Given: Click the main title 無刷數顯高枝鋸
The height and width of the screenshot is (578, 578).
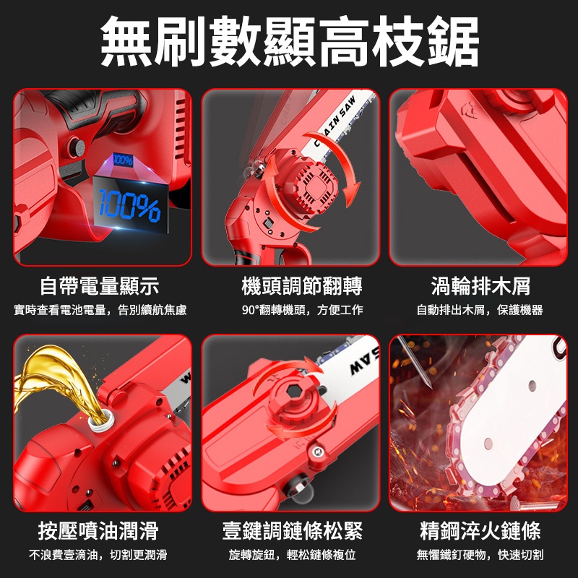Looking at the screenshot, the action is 290,41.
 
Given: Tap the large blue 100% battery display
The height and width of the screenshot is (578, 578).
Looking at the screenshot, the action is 130,206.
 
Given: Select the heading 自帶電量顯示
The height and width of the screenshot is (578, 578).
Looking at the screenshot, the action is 100,286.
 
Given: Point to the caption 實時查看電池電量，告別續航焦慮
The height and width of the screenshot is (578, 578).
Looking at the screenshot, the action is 100,310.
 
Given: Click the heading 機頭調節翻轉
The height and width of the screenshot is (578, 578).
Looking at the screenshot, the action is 302,286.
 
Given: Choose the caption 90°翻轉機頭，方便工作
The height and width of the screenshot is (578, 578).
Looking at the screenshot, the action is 302,310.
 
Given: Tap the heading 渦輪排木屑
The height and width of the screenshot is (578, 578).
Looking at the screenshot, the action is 480,286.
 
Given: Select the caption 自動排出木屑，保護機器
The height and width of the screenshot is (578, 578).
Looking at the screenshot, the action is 480,310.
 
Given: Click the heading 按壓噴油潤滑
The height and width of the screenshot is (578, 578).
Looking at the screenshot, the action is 98,531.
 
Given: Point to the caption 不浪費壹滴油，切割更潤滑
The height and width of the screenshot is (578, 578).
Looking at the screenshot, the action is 98,555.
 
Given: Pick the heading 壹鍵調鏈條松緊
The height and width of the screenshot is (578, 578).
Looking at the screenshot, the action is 293,531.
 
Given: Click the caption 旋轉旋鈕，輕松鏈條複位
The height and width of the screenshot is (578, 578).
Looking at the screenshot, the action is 293,555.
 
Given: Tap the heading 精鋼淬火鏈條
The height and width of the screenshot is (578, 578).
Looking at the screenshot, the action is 480,531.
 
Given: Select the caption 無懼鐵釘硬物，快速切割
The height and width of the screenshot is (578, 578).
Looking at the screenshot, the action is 480,555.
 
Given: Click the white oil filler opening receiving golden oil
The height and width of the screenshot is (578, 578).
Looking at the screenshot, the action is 100,420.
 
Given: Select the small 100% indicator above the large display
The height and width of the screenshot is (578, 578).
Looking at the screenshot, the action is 123,160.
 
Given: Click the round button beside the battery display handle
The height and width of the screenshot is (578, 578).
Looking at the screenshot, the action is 77,147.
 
